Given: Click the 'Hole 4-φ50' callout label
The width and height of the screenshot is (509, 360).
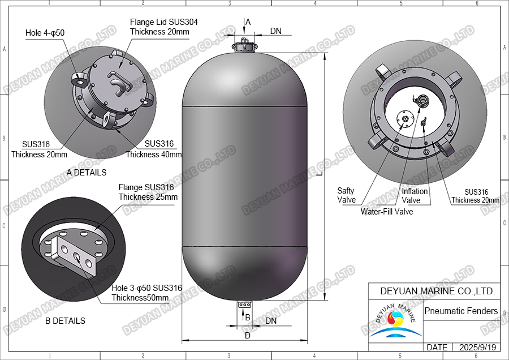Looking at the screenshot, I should [45, 33].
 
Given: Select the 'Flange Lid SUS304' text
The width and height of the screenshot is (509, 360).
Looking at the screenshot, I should [164, 22].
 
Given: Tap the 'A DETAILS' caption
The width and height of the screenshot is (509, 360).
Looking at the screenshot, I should [87, 172].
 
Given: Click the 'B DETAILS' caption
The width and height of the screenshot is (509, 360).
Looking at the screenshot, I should [65, 321].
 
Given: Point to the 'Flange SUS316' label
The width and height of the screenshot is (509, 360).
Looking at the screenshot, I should [146, 187].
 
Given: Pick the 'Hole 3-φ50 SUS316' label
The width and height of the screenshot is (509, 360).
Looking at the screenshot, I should [146, 288].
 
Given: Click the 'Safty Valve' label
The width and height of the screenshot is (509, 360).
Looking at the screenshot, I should [346, 195].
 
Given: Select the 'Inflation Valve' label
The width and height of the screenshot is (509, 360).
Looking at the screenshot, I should [415, 196].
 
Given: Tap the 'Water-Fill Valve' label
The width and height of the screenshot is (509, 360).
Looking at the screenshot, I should [387, 212].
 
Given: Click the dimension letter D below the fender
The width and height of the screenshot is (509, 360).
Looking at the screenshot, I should [247, 336].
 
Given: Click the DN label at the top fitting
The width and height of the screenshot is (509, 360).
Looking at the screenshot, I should [275, 31].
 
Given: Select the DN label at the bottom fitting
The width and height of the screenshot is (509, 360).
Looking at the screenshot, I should [271, 321].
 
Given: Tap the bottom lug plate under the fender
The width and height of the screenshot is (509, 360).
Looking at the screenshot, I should [244, 305].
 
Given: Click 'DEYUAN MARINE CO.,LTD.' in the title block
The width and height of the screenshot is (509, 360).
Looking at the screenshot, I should [434, 291].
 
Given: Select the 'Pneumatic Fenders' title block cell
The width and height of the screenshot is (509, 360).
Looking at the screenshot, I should [461, 311].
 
